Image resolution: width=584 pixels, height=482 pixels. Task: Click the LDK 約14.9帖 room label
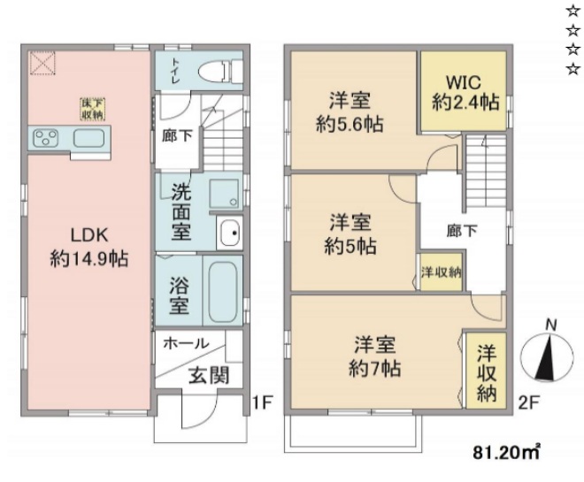[x=88, y=247]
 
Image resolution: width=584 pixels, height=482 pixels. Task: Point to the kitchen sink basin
[x=89, y=138]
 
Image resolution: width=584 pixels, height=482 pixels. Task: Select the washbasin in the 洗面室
[x=229, y=234]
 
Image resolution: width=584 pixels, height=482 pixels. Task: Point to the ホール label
[x=187, y=343]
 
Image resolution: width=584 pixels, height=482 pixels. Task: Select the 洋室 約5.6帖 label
[x=350, y=112]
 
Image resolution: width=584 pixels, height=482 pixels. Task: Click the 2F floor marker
[x=529, y=403]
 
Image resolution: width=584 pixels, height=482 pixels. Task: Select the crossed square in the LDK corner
[x=42, y=63]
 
